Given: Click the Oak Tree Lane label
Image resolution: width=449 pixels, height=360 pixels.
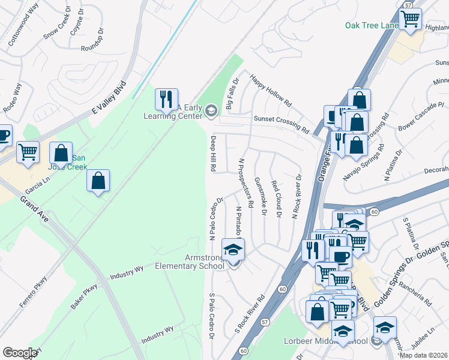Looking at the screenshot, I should click(x=372, y=25).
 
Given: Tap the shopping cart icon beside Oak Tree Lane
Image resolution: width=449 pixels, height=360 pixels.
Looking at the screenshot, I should click(x=410, y=19).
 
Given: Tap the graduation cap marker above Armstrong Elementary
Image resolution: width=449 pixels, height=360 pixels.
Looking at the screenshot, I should click(x=234, y=249).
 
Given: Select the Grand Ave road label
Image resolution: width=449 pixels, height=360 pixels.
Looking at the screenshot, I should click(x=33, y=209).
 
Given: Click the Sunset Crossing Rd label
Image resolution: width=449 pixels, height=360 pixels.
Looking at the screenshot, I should click(x=281, y=124).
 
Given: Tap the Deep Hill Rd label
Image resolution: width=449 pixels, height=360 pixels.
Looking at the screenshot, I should click(x=212, y=154).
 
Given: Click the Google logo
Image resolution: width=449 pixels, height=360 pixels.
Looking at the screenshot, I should click(x=20, y=353).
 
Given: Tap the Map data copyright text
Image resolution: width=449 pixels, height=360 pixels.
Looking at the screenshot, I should click(x=423, y=355).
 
